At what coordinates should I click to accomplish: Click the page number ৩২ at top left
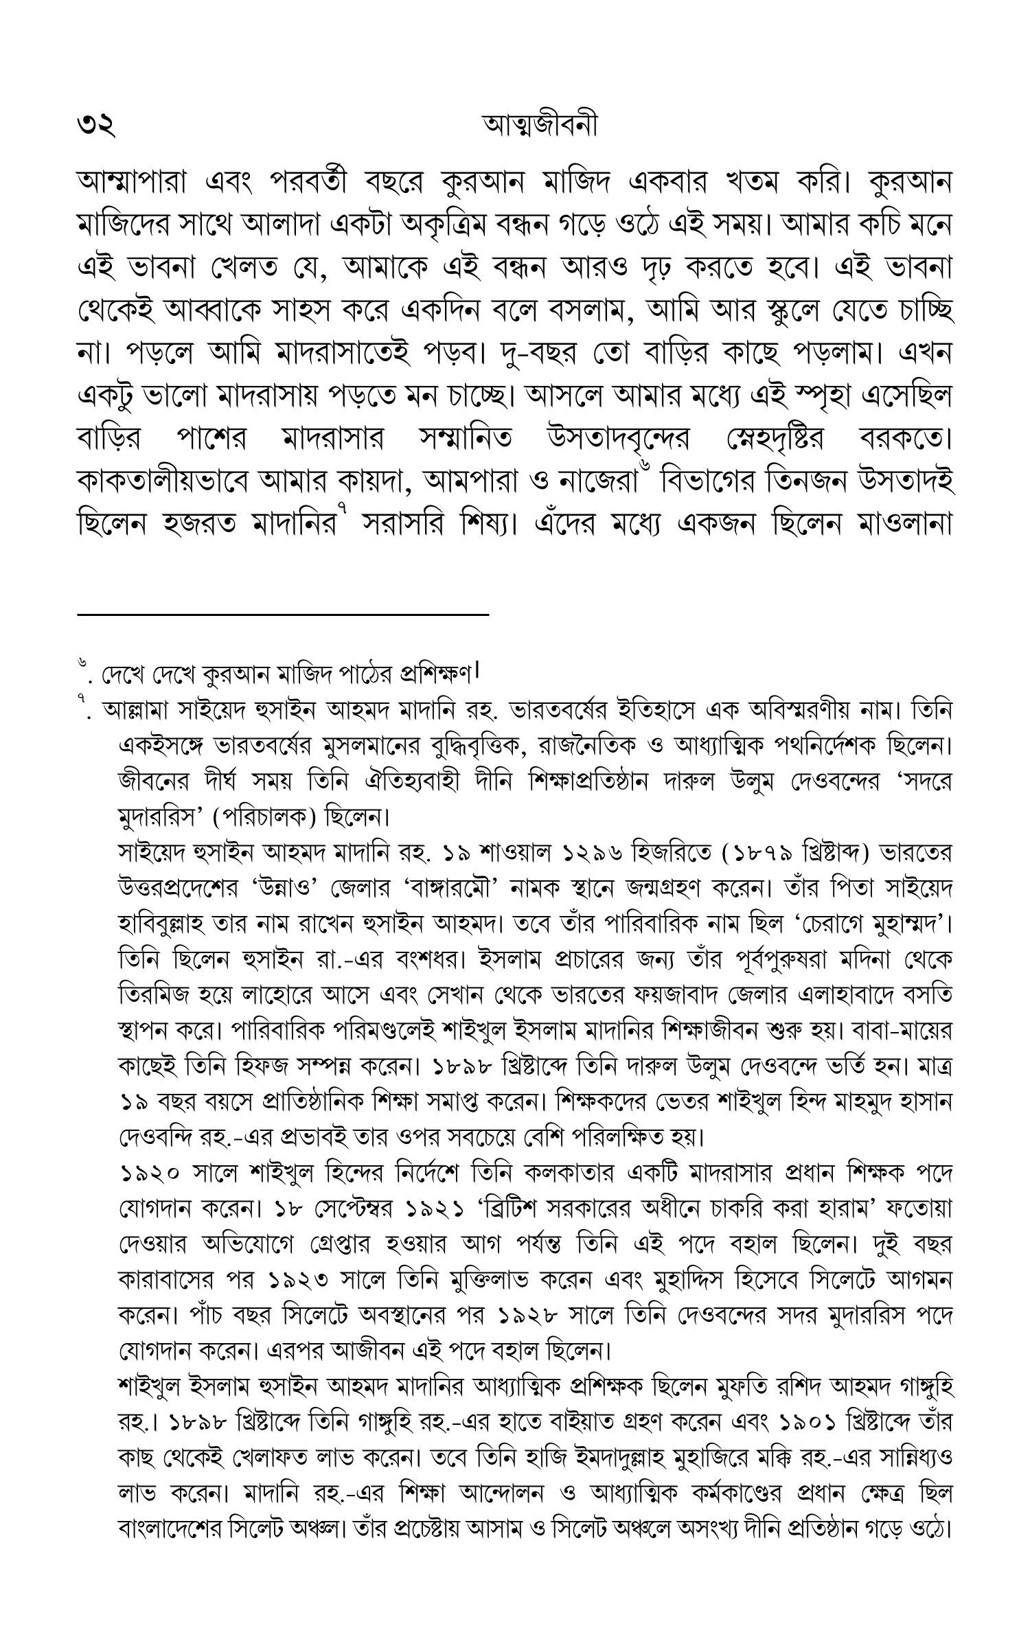pyautogui.click(x=96, y=126)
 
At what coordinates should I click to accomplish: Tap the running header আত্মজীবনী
pyautogui.click(x=540, y=125)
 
